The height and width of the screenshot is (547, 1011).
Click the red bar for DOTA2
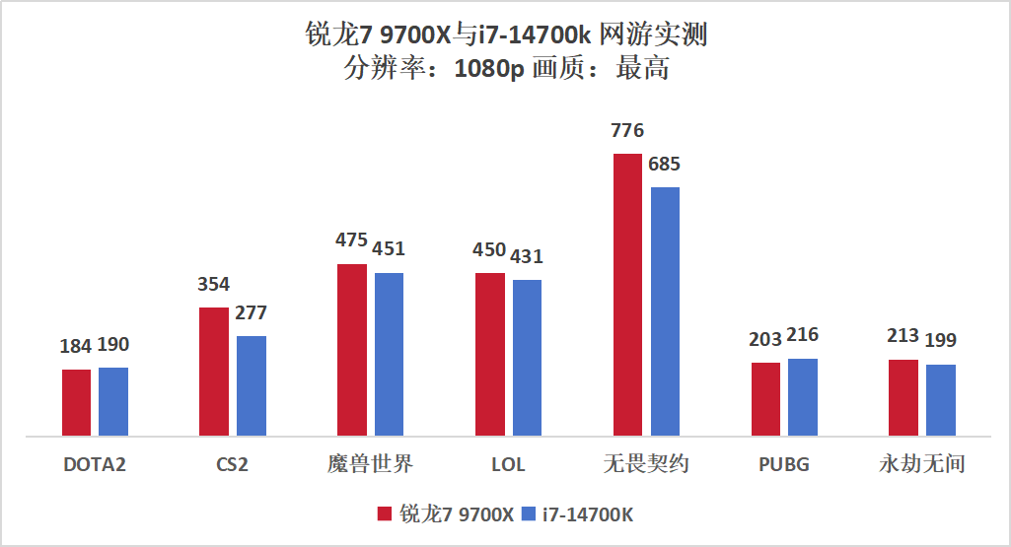[x=76, y=402]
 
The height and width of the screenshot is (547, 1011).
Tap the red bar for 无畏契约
[x=627, y=294]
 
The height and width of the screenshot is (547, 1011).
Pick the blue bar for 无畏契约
[x=666, y=310]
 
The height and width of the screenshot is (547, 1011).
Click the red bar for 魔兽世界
[x=351, y=350]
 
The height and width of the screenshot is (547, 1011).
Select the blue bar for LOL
[x=528, y=358]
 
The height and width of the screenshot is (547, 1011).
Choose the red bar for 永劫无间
[x=903, y=397]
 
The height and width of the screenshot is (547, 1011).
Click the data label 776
[x=627, y=131]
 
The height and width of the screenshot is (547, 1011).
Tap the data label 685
[x=664, y=165]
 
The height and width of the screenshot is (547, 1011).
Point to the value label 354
[x=213, y=285]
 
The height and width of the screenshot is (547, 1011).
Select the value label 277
[x=251, y=313]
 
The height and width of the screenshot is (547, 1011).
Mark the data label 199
[x=940, y=341]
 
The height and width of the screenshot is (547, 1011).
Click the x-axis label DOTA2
[x=95, y=464]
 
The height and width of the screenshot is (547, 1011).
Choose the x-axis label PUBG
[x=784, y=464]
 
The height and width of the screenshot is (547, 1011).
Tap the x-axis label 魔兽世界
[x=370, y=464]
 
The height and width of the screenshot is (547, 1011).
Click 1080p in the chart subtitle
[x=489, y=70]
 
